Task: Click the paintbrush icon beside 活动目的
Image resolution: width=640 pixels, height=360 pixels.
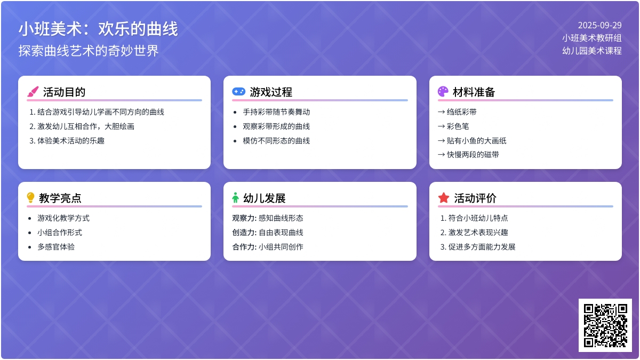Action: [33, 92]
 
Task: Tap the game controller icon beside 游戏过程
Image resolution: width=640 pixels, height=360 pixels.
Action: [238, 92]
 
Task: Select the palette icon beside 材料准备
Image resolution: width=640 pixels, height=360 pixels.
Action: [443, 92]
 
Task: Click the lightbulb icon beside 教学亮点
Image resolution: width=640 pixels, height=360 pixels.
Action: [31, 198]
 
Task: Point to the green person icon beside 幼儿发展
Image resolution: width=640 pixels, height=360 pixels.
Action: [235, 198]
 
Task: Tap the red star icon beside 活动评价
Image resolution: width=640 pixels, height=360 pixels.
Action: [444, 198]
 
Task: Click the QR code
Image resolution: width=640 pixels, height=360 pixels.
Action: [605, 325]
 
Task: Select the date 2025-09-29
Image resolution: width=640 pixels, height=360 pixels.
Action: [599, 25]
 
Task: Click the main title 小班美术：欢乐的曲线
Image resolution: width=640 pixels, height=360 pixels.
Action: [98, 29]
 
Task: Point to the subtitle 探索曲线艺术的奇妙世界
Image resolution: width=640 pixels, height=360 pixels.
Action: [89, 51]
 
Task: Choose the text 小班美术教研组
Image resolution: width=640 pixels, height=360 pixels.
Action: [591, 38]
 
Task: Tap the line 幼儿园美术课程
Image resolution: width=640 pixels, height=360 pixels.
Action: [591, 51]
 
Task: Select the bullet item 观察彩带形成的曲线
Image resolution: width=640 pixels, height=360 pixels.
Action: [276, 126]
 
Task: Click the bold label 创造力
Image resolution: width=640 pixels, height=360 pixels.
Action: [244, 233]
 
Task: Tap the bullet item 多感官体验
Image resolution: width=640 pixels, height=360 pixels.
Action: [56, 247]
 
